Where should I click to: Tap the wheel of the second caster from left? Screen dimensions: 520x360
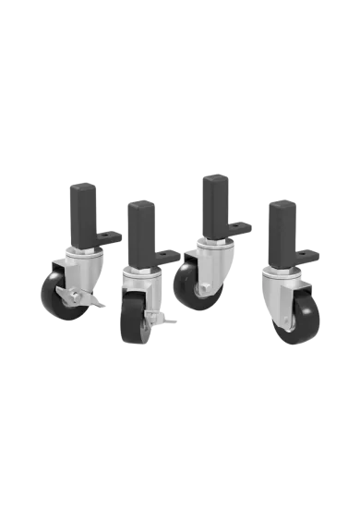click(129, 320)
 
